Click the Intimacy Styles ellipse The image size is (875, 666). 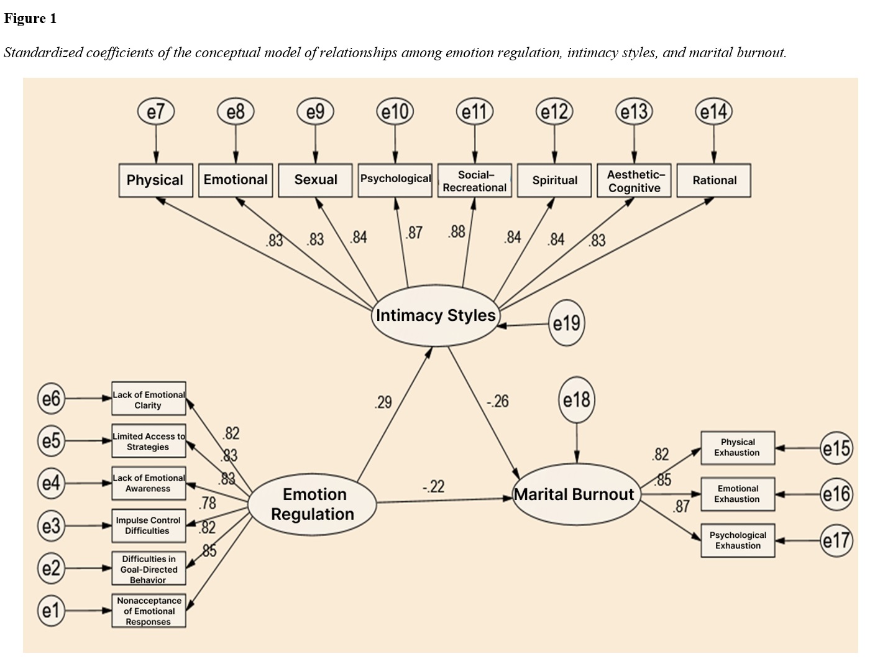[x=436, y=316]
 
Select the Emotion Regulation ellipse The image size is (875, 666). [x=313, y=504]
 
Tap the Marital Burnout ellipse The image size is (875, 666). [x=575, y=495]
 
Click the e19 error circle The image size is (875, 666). [x=566, y=323]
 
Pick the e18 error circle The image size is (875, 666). [x=577, y=400]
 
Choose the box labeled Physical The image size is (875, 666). [x=155, y=180]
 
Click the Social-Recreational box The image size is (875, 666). [x=475, y=181]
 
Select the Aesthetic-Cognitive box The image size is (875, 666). [x=634, y=181]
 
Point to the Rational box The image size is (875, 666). [x=714, y=181]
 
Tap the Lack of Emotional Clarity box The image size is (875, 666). [x=149, y=399]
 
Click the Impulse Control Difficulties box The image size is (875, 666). [x=149, y=525]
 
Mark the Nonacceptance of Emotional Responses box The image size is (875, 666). [x=149, y=611]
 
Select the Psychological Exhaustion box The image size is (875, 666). [x=738, y=540]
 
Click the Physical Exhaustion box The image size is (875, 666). [x=738, y=448]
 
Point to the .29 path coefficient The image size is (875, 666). [x=383, y=402]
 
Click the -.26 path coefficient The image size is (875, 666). [x=498, y=401]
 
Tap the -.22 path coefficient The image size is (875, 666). [x=433, y=486]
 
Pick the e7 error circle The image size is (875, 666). [x=155, y=112]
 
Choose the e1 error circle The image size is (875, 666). [x=51, y=611]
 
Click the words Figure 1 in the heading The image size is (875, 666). [x=30, y=19]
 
